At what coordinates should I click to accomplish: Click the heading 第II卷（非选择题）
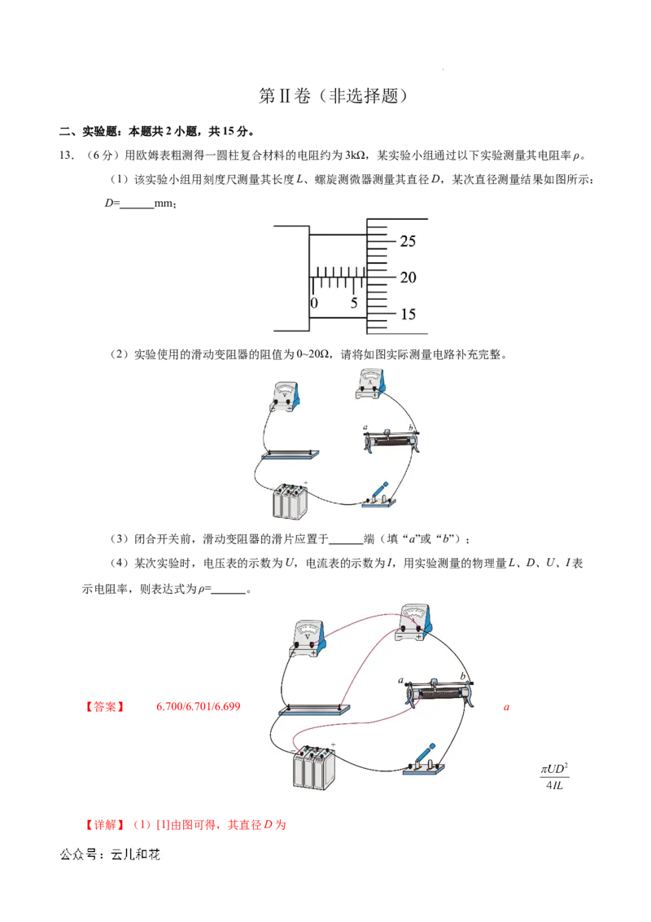[333, 96]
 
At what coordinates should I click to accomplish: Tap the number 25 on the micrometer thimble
[408, 241]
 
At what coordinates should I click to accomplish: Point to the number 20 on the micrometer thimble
[408, 278]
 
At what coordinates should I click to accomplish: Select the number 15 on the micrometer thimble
[408, 314]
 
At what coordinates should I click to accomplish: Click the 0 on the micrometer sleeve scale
[314, 303]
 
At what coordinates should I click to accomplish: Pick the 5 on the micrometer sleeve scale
[354, 303]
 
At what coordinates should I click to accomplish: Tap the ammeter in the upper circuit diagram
[371, 384]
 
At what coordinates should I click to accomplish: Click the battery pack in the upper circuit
[291, 501]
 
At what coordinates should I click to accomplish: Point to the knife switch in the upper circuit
[379, 496]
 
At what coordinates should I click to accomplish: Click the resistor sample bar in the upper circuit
[291, 454]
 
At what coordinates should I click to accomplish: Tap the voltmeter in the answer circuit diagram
[309, 639]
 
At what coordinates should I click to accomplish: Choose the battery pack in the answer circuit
[314, 767]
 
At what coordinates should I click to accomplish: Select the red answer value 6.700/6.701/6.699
[198, 707]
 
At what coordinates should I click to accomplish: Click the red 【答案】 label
[105, 707]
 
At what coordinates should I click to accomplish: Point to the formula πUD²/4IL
[554, 777]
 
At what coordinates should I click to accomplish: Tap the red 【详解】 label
[105, 825]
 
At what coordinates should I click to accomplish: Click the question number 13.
[67, 156]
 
